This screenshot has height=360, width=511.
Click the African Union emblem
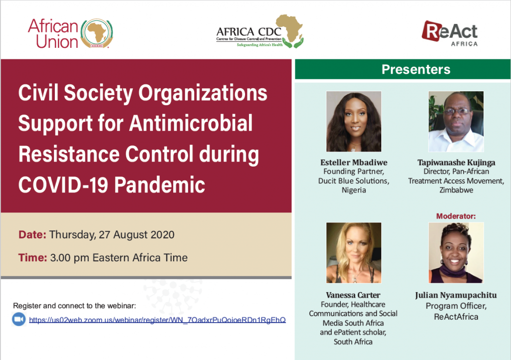97,33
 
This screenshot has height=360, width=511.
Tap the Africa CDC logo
260,31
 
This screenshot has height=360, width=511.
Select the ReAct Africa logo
450,33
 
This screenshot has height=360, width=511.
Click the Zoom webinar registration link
157,320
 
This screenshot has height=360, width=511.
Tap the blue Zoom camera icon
19,319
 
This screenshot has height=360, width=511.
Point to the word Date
32,234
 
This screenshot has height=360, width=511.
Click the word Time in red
32,257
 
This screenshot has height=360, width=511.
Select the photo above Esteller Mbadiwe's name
354,121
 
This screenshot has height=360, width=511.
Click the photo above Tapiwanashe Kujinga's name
456,121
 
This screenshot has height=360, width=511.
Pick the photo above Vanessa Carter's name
354,253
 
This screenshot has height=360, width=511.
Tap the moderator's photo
456,253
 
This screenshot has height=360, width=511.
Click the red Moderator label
456,216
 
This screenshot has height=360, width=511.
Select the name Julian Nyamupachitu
456,295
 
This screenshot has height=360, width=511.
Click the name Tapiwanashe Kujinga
456,163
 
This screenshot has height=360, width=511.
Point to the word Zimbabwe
456,190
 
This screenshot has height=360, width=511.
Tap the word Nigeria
354,190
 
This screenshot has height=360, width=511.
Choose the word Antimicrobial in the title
191,123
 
